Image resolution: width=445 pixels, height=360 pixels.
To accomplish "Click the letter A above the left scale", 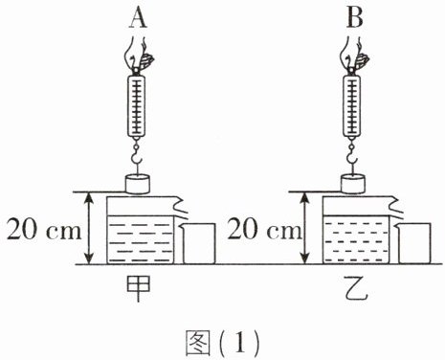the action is (x=138, y=18).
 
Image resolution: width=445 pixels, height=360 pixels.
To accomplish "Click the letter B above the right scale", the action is (x=355, y=18).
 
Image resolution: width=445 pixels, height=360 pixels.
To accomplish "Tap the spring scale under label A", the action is (x=137, y=106).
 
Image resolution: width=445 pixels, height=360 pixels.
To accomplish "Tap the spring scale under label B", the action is (x=352, y=106).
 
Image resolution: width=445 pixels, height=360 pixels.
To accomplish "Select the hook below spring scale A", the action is (x=137, y=156).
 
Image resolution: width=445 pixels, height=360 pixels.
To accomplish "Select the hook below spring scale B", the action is (x=352, y=156).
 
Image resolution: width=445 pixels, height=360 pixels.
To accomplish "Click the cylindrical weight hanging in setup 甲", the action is (x=138, y=184).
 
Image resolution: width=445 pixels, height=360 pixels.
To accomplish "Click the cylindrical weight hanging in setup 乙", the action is (x=353, y=184).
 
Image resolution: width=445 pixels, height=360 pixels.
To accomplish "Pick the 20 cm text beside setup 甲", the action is (x=44, y=229).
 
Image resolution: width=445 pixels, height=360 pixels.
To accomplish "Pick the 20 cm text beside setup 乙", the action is (x=264, y=229).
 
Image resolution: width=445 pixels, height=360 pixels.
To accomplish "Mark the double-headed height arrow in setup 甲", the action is (x=90, y=228).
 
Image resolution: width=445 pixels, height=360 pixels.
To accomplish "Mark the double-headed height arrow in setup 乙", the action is (x=305, y=228).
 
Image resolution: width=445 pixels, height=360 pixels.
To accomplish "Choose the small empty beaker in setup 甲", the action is (x=198, y=243).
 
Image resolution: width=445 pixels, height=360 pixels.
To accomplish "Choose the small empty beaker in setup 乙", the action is (x=414, y=243).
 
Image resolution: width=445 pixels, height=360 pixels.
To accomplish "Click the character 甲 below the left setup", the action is (x=138, y=288).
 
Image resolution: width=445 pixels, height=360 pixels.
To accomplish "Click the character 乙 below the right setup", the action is (x=357, y=289).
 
